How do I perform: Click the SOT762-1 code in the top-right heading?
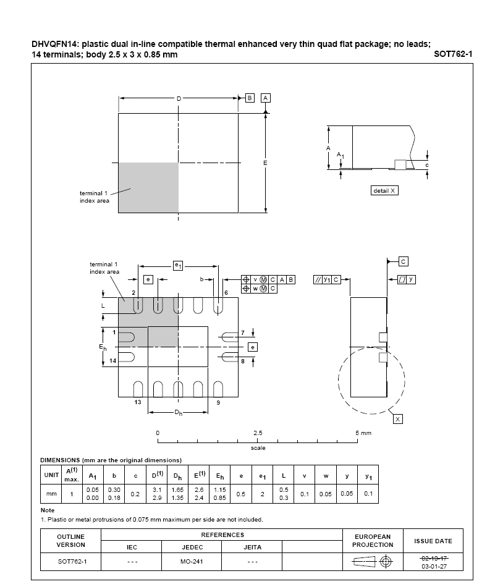tap(453, 54)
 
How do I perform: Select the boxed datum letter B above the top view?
tap(250, 98)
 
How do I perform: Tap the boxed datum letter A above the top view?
tap(266, 98)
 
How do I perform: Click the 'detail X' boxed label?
tap(384, 191)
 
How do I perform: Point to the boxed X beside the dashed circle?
tap(398, 419)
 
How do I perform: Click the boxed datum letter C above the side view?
tap(403, 261)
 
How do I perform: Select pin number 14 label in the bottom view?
tap(113, 360)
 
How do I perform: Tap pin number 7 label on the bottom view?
tap(243, 332)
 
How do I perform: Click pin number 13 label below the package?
tap(138, 402)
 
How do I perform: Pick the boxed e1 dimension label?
tap(178, 266)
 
